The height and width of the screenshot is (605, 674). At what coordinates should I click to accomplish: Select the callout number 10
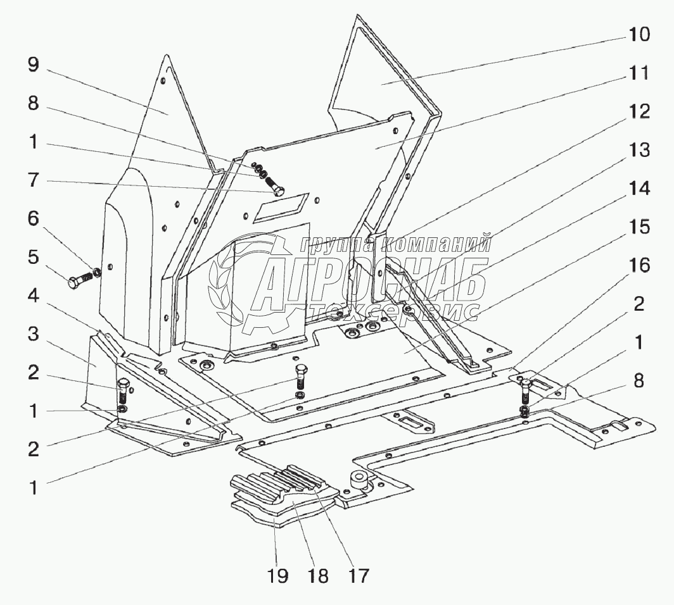click(x=638, y=35)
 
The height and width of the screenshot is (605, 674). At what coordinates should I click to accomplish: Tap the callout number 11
click(x=638, y=73)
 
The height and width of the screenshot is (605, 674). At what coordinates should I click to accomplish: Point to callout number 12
click(x=638, y=112)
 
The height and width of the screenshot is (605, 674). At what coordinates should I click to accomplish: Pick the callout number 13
click(x=638, y=151)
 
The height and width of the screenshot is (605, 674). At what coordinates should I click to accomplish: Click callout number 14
click(x=638, y=189)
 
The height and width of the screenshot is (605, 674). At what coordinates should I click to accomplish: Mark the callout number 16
click(x=638, y=266)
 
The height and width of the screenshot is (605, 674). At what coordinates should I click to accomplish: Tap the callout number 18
click(x=319, y=576)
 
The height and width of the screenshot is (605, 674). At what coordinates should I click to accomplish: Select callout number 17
click(x=358, y=576)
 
